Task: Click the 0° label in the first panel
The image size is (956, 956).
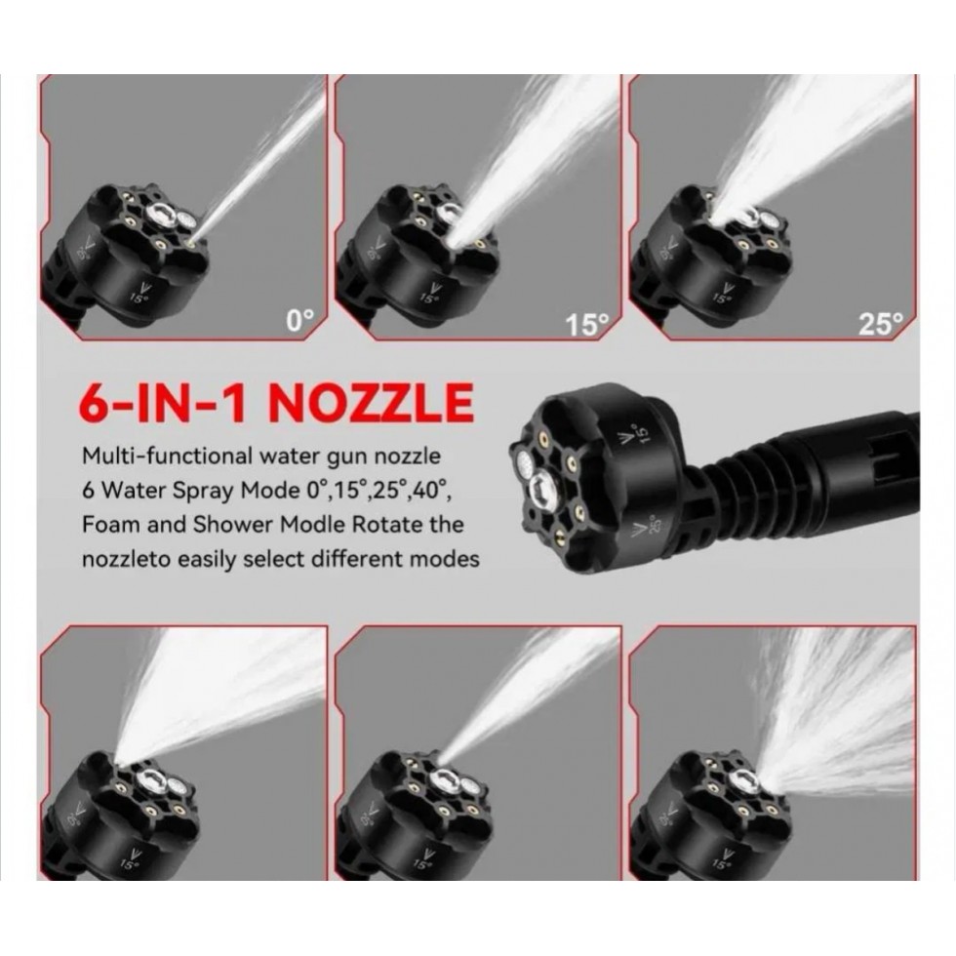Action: pyautogui.click(x=300, y=320)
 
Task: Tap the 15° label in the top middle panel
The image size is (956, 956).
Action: pyautogui.click(x=586, y=325)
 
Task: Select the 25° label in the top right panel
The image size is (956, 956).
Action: pyautogui.click(x=880, y=324)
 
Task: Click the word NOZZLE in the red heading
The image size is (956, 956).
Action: pyautogui.click(x=371, y=402)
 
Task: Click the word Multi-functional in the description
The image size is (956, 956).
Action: pyautogui.click(x=167, y=457)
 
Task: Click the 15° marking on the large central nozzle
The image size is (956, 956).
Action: pyautogui.click(x=642, y=434)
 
